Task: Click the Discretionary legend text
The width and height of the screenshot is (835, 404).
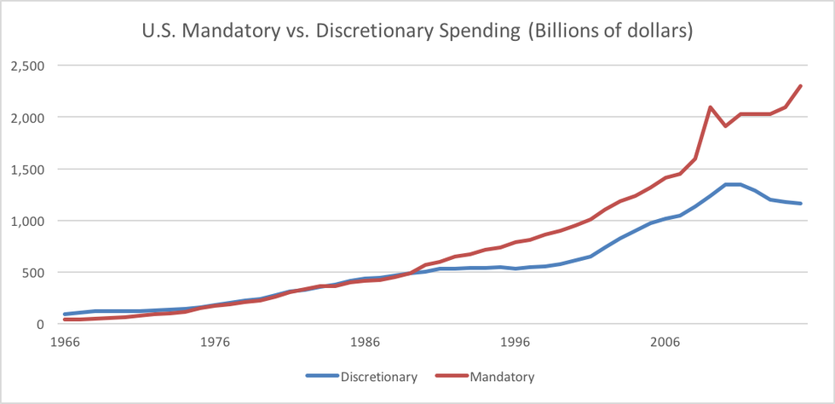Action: point(379,376)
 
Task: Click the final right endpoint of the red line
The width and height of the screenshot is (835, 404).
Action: point(801,86)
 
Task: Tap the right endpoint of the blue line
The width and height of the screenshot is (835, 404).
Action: point(801,204)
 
